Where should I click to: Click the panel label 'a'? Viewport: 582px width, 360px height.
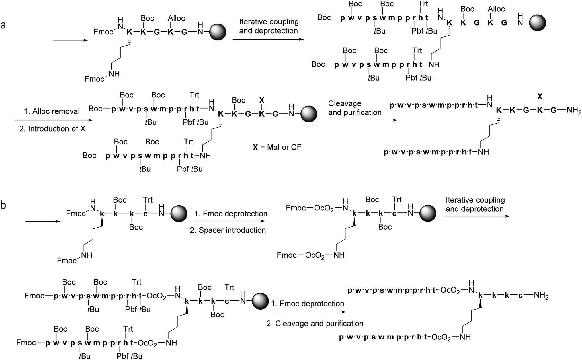point(3,25)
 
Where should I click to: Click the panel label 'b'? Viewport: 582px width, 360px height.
point(3,205)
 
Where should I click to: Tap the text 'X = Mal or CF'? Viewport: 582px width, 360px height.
point(277,147)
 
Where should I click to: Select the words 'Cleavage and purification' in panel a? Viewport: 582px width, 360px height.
point(354,108)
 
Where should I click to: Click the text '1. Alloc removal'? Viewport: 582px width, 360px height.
point(52,111)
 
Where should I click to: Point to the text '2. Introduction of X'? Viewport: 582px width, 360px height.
point(52,129)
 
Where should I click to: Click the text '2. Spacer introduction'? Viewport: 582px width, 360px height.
point(228,230)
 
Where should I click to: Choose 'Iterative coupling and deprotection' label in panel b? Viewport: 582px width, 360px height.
point(475,204)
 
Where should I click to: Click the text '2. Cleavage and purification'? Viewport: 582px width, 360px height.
point(315,324)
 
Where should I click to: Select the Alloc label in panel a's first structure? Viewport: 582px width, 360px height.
point(176,18)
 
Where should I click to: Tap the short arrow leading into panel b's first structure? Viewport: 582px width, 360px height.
point(43,221)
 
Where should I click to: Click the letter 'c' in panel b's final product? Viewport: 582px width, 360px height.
point(520,296)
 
